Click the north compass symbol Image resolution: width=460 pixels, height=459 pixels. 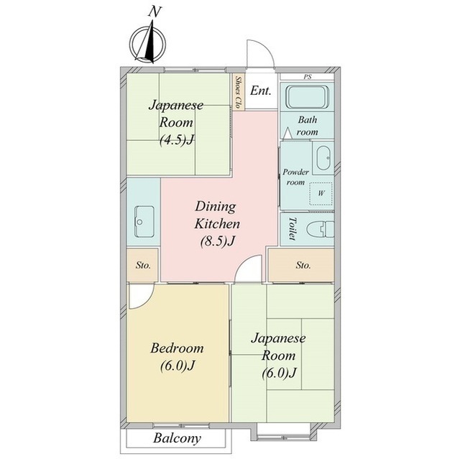[x=148, y=44]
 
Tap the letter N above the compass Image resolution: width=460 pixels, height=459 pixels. [x=155, y=11]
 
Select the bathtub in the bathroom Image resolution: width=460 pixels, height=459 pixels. [x=307, y=97]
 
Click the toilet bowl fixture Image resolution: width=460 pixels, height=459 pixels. [x=320, y=229]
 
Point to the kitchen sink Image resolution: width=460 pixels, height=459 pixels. [x=144, y=221]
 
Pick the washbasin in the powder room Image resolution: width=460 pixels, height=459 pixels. [x=323, y=158]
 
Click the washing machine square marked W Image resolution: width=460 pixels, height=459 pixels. [x=321, y=193]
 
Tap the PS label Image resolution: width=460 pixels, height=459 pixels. [x=308, y=77]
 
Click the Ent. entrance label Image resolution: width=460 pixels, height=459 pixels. [x=260, y=91]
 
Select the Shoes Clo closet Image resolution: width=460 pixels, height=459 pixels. [x=239, y=92]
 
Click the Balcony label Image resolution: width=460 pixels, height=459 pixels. [x=177, y=438]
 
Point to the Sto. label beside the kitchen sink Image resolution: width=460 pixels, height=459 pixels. [x=143, y=266]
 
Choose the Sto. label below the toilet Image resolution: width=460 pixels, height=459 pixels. [x=303, y=266]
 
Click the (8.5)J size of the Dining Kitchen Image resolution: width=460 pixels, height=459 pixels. [x=218, y=241]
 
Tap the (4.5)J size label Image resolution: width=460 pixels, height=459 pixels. [x=177, y=140]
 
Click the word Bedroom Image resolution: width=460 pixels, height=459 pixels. [x=177, y=348]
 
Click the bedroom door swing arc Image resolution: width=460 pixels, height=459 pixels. [x=147, y=302]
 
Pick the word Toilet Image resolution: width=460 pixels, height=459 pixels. [x=293, y=229]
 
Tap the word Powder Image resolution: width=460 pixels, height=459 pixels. [x=295, y=172]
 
